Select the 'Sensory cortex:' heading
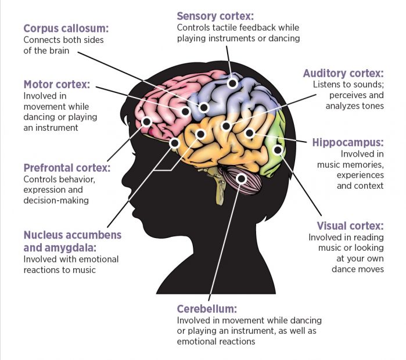tap(216, 16)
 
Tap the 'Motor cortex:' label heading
tap(57, 84)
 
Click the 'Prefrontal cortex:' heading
tap(67, 168)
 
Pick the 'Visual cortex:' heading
tap(350, 225)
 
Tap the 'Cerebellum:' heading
tap(207, 309)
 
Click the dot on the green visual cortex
tap(278, 150)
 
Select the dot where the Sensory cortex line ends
tap(232, 83)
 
